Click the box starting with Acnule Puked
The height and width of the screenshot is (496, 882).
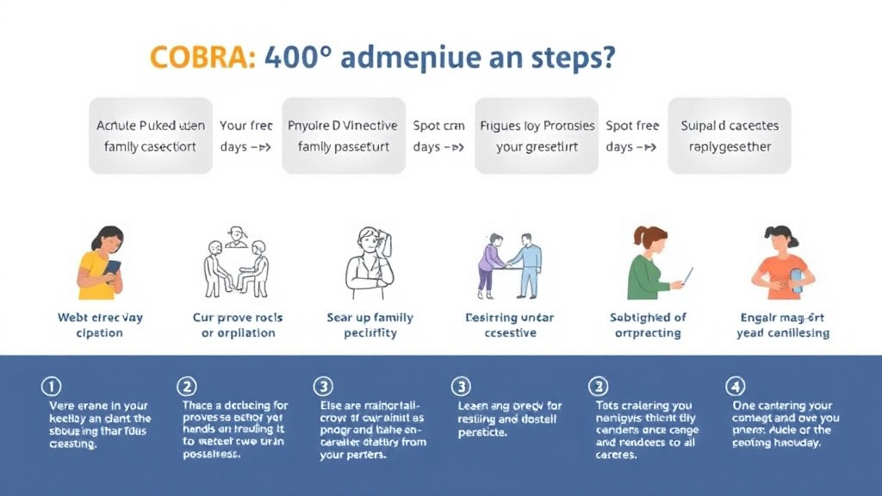pos(151,136)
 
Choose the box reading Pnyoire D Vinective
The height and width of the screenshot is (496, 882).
pos(344,136)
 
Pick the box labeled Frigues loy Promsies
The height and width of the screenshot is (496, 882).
pos(537,136)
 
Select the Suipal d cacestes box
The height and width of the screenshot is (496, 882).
pos(730,136)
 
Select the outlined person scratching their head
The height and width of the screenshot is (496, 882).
pos(370,263)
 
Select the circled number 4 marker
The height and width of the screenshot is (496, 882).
pos(735,385)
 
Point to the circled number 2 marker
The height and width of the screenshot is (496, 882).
pos(186,385)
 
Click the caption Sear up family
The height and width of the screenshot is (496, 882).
pos(370,318)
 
